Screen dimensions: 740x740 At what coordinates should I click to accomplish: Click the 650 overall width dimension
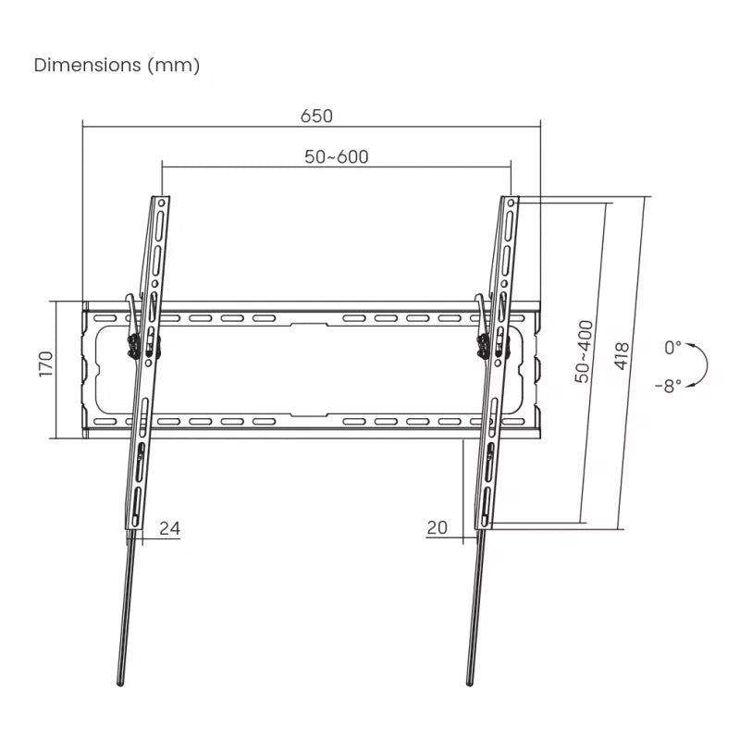coord(316,117)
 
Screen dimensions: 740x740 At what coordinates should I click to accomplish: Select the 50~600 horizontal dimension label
coord(337,157)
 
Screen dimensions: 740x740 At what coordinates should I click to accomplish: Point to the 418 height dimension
coord(623,356)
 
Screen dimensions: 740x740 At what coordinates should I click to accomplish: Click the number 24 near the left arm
coord(169,528)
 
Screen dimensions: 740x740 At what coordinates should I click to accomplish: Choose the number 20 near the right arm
coord(438,528)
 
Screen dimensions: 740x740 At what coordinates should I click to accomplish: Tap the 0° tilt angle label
coord(673,348)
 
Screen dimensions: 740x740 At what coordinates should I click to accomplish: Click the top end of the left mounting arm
coord(162,199)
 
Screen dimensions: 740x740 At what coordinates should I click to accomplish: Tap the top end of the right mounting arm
coord(512,199)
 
